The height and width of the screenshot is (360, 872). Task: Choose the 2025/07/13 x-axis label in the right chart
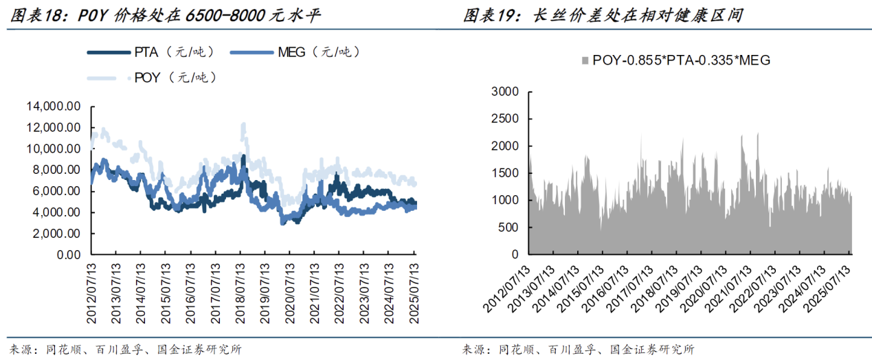point(834,284)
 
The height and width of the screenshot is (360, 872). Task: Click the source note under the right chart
point(578,350)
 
